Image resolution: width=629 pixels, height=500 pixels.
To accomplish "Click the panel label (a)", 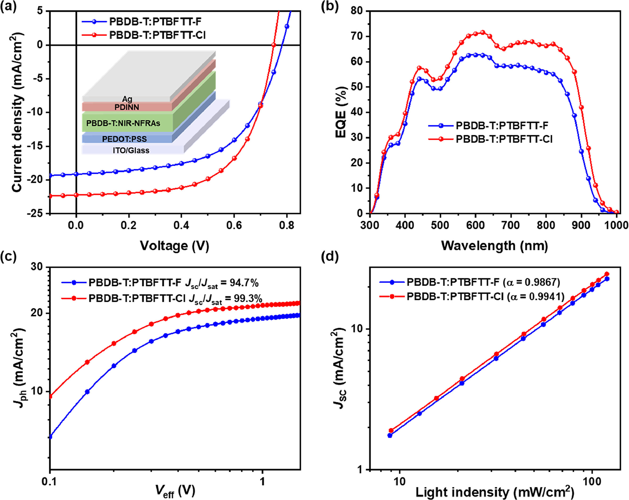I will [9, 6].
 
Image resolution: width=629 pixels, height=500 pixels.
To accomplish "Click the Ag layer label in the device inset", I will [127, 99].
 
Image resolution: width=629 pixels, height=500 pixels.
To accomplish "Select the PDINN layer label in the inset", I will [127, 107].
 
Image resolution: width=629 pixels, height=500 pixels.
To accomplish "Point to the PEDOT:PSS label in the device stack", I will [124, 139].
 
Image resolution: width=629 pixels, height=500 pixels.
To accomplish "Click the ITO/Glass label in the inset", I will [131, 151].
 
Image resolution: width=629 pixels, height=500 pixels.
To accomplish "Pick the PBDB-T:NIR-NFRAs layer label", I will [123, 123].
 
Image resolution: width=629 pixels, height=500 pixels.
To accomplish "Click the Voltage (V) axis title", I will [174, 246].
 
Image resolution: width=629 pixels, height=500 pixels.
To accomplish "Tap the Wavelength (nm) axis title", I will [494, 246].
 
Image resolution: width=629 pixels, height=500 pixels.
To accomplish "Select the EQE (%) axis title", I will [341, 112].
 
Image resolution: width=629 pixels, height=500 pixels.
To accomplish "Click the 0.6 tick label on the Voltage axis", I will [234, 225].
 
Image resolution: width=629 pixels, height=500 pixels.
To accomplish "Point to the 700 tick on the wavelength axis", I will [511, 225].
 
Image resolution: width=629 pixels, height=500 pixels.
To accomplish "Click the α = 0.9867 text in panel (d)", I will [532, 282].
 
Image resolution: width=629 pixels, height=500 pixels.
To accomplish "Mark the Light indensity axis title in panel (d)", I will [495, 492].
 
